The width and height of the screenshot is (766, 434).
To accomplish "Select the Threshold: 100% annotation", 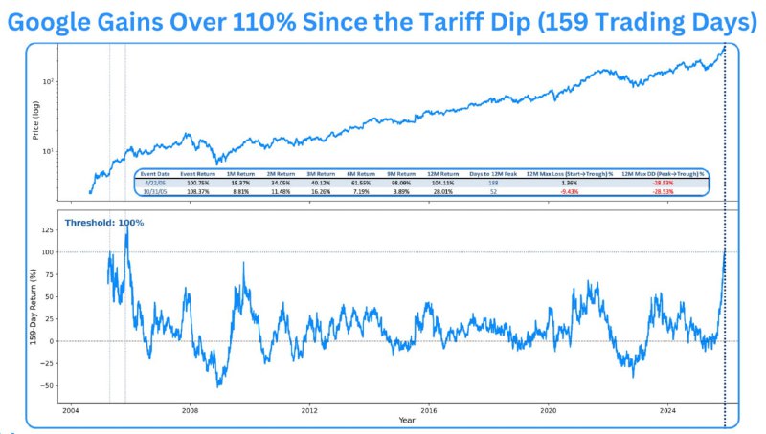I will click(x=103, y=223).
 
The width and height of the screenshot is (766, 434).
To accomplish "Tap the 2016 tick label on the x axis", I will click(x=429, y=409).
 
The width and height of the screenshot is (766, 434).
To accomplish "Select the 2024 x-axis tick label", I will click(x=668, y=409).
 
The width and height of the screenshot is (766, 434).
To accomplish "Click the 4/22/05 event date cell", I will click(x=154, y=182).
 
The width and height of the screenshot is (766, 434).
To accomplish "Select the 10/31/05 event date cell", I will click(x=154, y=190).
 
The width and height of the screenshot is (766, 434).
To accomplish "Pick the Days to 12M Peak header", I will click(x=494, y=173).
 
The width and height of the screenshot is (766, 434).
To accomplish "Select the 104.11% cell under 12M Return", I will click(x=442, y=182).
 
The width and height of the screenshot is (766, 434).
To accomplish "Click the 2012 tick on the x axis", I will click(x=309, y=409).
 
